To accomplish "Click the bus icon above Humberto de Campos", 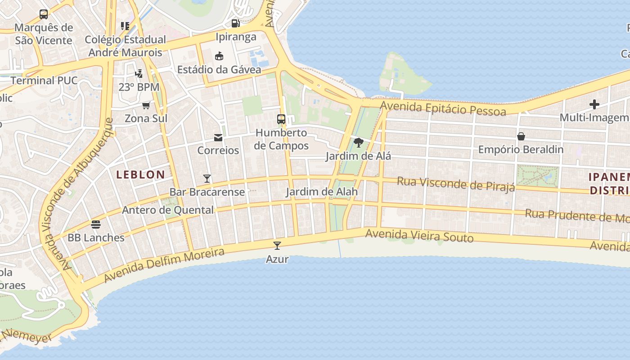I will pos(281,119).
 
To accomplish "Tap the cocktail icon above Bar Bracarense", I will pos(207,179).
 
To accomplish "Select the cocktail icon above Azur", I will pos(277,246).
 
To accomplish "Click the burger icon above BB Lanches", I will pos(96,224).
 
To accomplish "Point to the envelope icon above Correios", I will pos(218,137).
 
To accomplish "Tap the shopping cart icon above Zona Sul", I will pos(146,106).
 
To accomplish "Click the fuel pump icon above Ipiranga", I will pos(235,23).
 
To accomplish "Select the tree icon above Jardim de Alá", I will pos(358,143).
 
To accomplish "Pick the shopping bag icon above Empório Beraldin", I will pos(521,136).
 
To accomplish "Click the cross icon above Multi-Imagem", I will pos(594,104).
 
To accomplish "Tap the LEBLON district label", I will pos(141,175).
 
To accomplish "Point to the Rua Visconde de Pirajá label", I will pos(455,184).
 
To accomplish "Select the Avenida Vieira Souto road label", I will pos(419,235).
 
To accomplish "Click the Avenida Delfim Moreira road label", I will pos(164,265).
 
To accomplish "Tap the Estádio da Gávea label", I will pos(219,70).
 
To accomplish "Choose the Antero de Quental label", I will pos(168,210).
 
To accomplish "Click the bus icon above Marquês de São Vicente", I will pos(44,14).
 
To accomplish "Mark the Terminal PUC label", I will pos(44,81).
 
